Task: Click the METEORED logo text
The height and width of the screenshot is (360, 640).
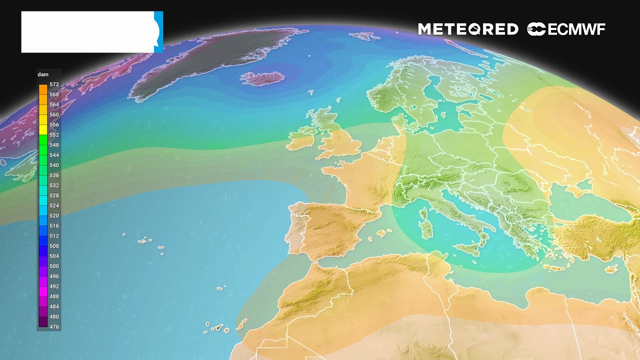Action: tap(468, 29)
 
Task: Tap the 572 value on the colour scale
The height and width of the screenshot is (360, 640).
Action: tap(54, 84)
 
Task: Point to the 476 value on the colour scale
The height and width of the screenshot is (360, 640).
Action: tap(54, 327)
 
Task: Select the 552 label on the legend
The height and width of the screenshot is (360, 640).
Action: tap(54, 135)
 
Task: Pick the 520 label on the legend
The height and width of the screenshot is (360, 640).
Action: tap(54, 215)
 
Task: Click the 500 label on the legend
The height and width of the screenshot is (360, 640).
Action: tap(54, 266)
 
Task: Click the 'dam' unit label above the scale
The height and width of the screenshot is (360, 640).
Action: tap(43, 74)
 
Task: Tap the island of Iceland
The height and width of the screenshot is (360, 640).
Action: tap(262, 78)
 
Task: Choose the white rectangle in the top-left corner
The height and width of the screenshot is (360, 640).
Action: tap(88, 32)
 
